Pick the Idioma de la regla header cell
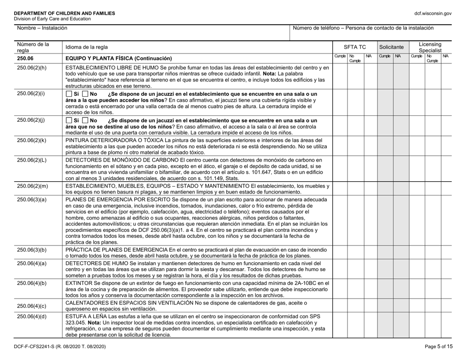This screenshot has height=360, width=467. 85,47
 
